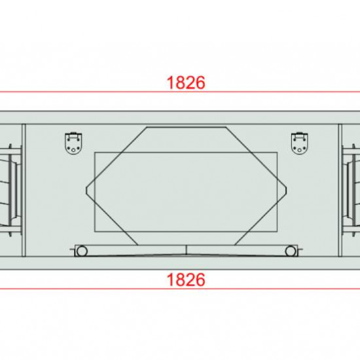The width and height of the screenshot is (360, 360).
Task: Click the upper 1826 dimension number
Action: [x=186, y=82]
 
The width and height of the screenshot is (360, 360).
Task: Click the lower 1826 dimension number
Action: [x=186, y=279]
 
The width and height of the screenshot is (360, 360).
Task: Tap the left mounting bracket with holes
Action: [x=73, y=143]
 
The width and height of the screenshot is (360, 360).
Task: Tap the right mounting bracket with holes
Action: [x=300, y=143]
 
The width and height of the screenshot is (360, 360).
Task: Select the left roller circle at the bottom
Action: [x=82, y=251]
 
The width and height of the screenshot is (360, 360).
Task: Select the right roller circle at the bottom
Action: [x=291, y=251]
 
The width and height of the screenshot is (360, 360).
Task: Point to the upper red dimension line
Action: [x=180, y=92]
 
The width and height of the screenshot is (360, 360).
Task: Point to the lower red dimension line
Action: [x=180, y=289]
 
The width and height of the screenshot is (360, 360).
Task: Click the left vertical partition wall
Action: [x=24, y=190]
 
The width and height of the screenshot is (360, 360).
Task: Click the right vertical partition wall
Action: [x=340, y=190]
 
